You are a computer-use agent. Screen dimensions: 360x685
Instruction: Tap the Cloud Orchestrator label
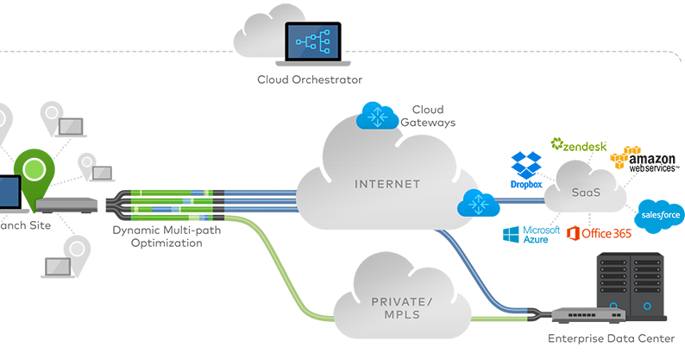(310, 80)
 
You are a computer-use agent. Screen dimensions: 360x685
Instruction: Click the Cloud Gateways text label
(427, 116)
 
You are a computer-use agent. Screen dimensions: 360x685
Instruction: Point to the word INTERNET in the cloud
(386, 184)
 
